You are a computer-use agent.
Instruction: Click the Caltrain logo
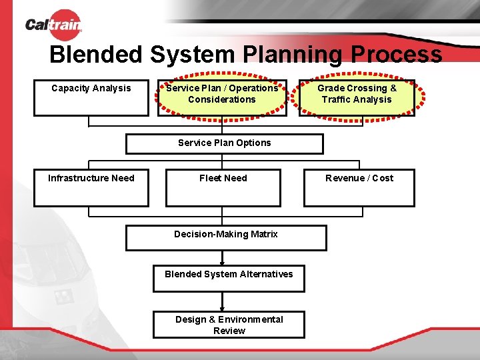point(53,25)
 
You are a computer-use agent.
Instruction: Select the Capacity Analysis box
point(91,97)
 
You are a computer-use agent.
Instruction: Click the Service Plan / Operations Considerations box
point(222,97)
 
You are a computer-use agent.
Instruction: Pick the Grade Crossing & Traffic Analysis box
point(357,97)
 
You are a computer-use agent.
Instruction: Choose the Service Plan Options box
point(225,143)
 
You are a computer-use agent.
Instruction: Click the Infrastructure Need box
point(91,187)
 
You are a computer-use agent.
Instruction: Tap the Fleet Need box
point(223,187)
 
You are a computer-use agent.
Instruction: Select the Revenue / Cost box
point(359,187)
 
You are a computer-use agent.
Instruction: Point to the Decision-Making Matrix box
point(226,238)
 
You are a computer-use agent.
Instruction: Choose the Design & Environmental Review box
point(229,325)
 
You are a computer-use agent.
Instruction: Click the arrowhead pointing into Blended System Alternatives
point(223,263)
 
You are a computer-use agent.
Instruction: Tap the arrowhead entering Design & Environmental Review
point(223,309)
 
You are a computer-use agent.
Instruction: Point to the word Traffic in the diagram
point(337,100)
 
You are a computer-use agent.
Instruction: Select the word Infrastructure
point(78,178)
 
